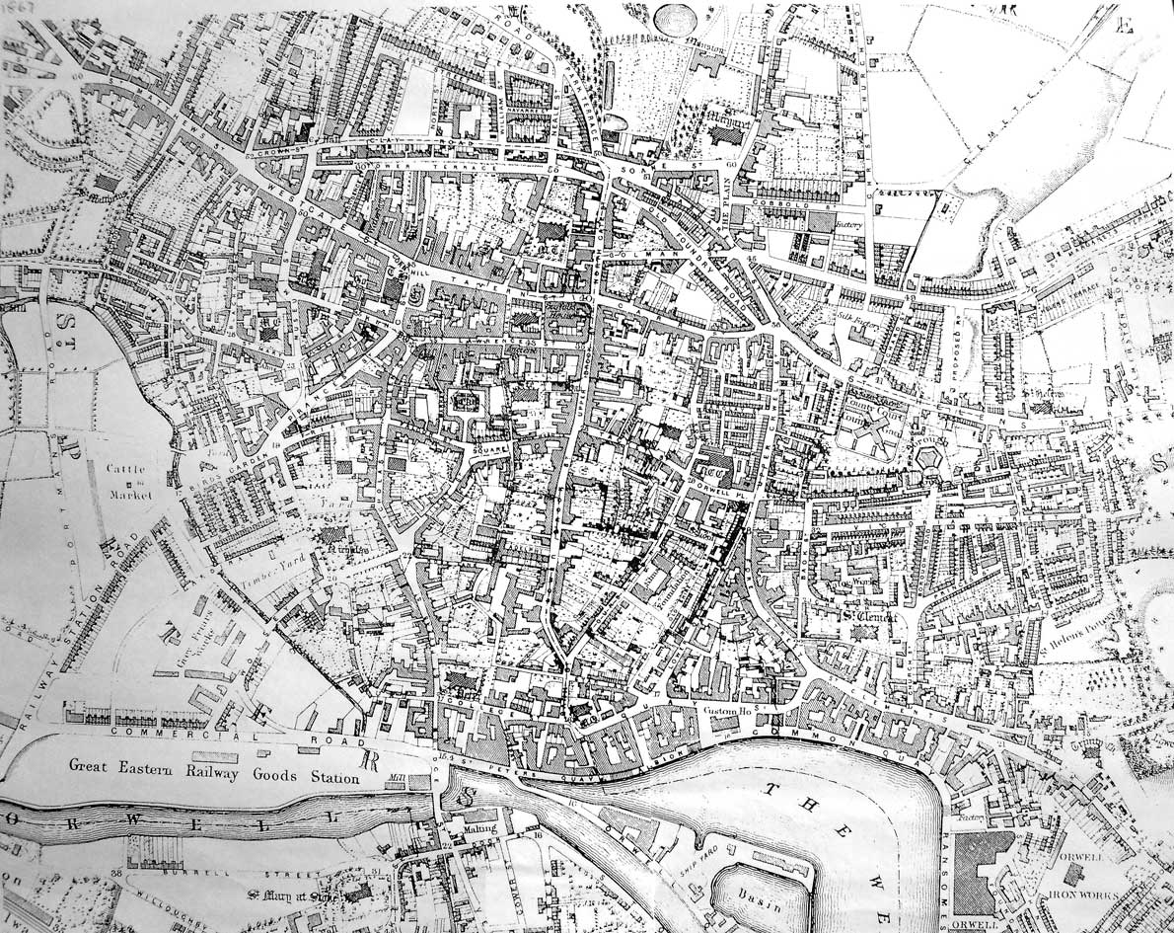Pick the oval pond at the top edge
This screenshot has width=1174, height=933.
(677, 18)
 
